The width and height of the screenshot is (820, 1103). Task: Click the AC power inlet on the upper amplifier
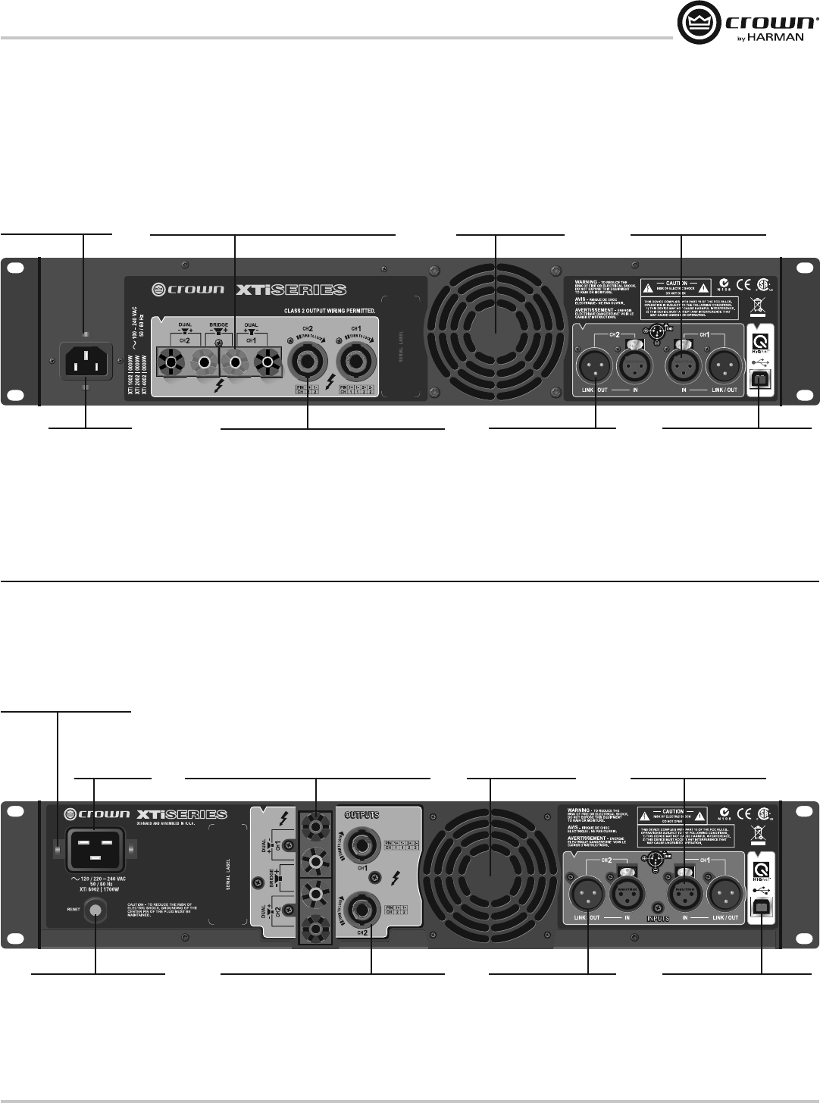86,359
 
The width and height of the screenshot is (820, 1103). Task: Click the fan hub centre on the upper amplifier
495,331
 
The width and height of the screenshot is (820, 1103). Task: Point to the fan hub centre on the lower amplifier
491,876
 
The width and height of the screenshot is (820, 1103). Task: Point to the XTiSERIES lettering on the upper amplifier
302,289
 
